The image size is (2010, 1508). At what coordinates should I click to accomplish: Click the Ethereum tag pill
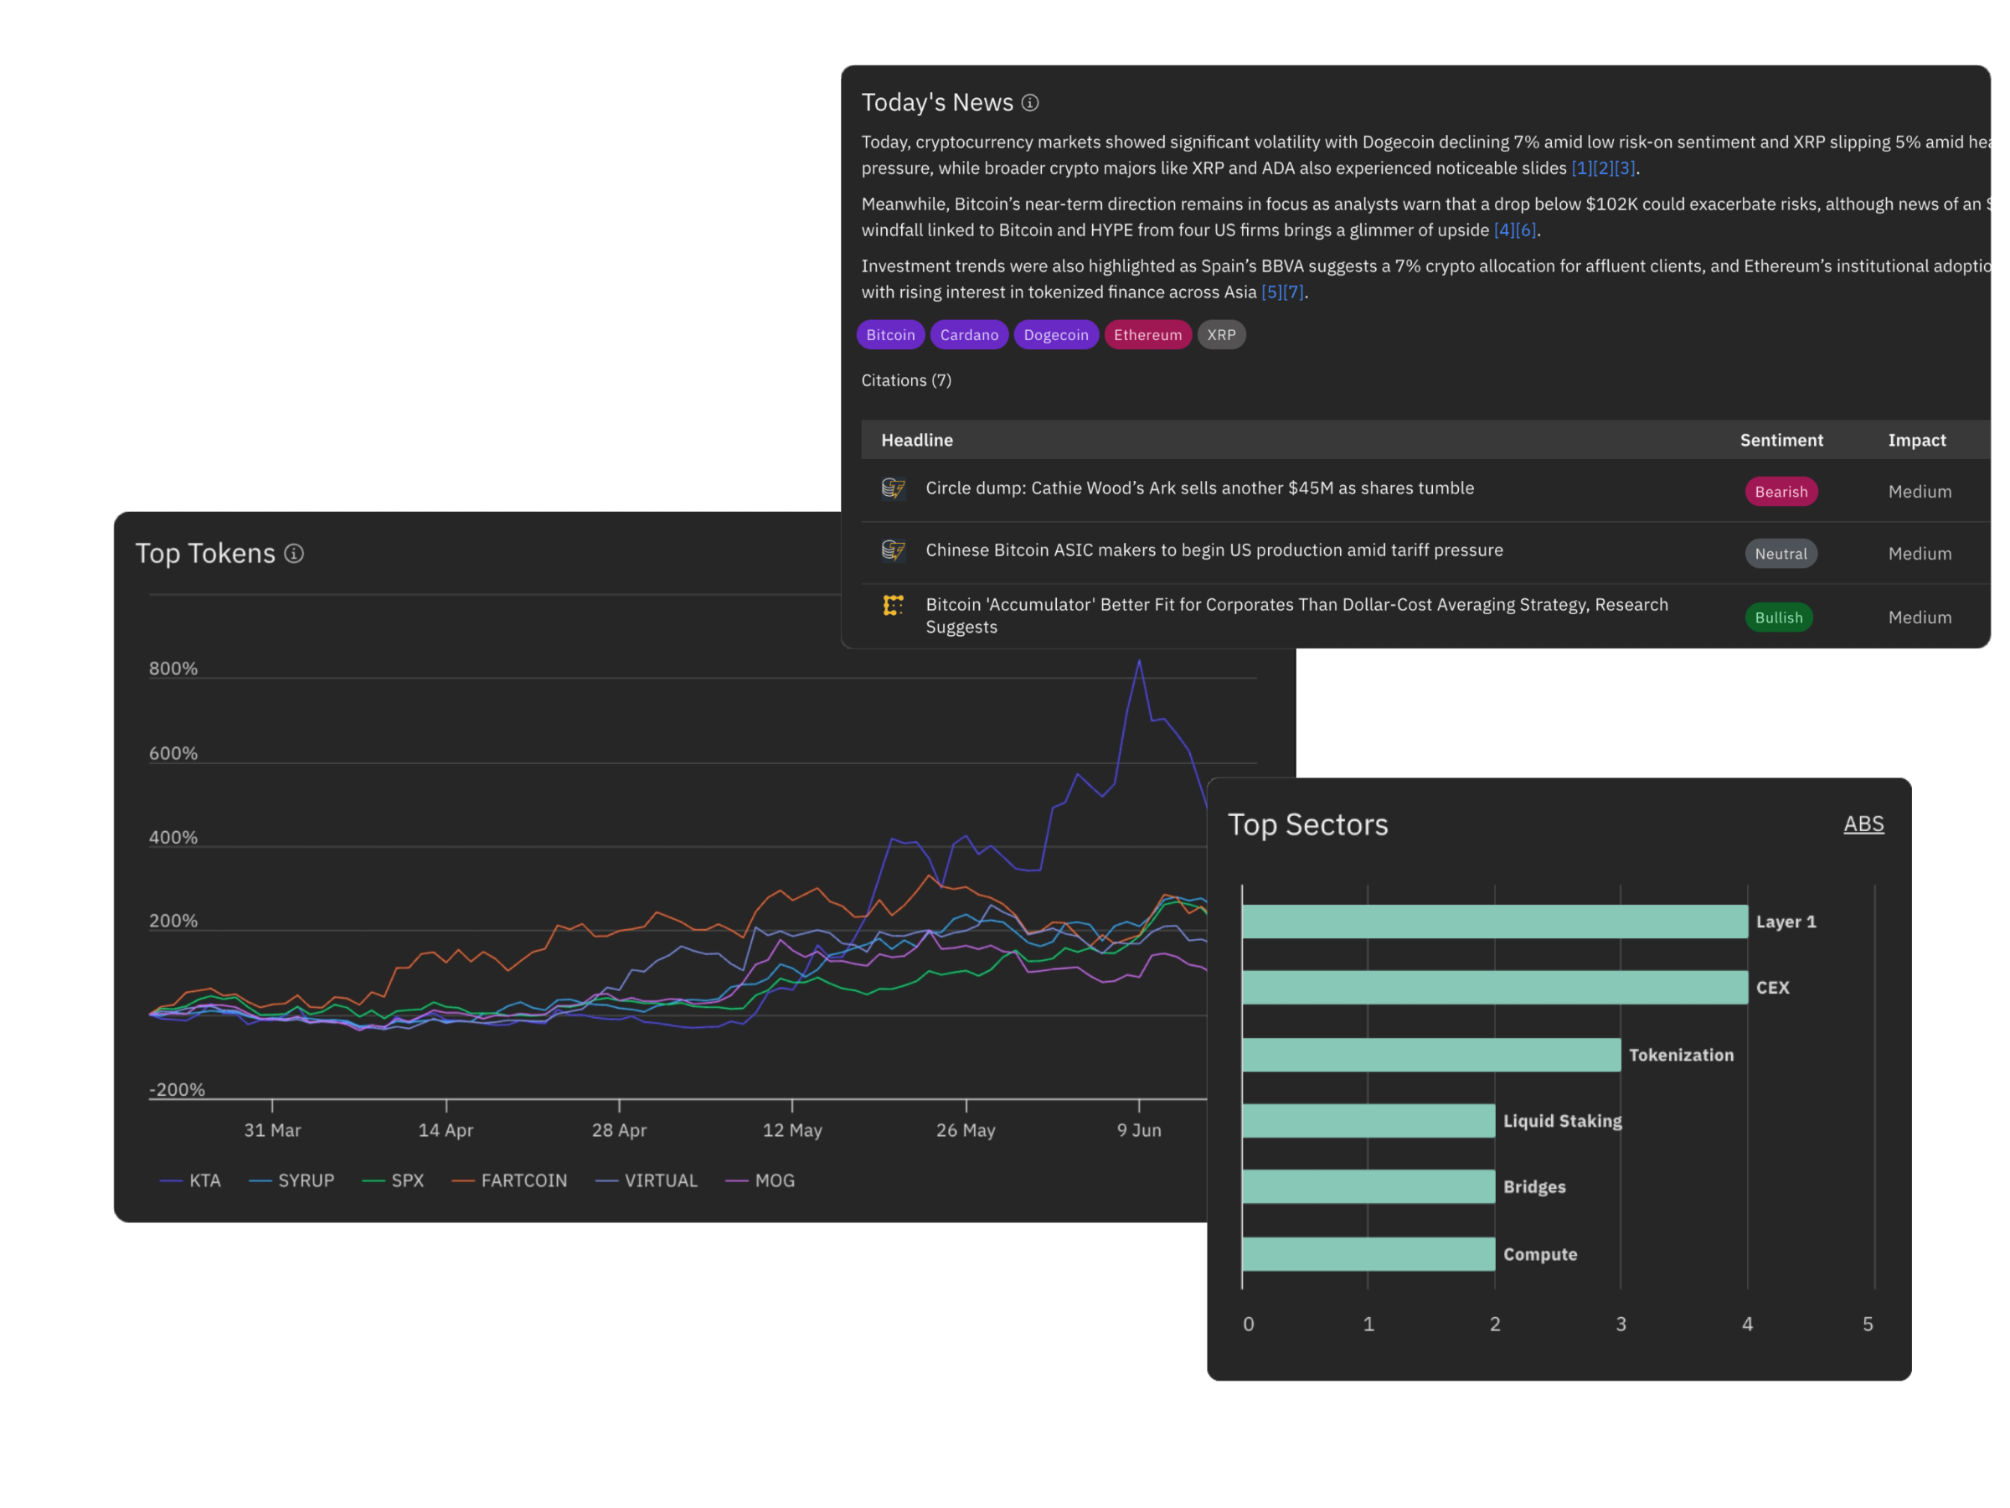point(1147,334)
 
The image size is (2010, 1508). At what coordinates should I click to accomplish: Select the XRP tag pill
point(1221,334)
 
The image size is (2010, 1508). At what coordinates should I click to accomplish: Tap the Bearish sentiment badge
point(1780,492)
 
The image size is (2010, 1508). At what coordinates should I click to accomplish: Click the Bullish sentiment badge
point(1778,617)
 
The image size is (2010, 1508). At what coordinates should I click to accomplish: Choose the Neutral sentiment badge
point(1780,554)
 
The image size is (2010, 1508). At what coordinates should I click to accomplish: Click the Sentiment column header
point(1781,440)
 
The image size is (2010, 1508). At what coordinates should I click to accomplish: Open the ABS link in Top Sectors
point(1863,824)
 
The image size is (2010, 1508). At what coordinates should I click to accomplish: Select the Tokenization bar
point(1430,1055)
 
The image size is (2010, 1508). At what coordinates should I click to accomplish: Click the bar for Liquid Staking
point(1368,1121)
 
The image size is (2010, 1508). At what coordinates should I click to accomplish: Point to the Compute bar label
point(1539,1254)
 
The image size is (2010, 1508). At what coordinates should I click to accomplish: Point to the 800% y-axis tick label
point(173,668)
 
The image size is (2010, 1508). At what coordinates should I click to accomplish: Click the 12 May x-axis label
point(792,1130)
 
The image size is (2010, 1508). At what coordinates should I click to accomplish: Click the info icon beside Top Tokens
point(293,553)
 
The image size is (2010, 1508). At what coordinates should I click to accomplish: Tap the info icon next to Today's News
point(1029,103)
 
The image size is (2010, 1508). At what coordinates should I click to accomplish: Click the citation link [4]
point(1504,230)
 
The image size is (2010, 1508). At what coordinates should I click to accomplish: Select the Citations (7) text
point(906,380)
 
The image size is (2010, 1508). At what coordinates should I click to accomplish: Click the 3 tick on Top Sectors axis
point(1621,1324)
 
